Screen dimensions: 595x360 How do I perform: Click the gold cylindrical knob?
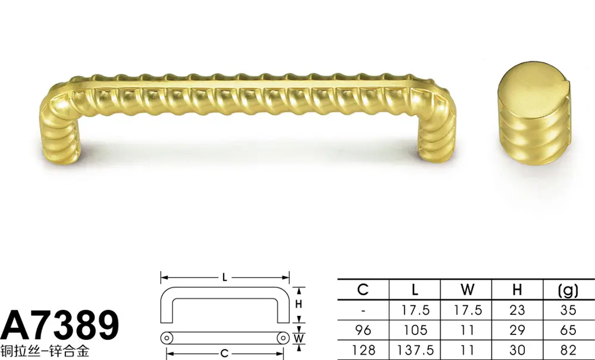[534, 113]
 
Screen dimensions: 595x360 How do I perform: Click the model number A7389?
[59, 325]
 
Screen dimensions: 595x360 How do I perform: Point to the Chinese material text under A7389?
[45, 351]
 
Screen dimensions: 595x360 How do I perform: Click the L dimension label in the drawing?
[225, 278]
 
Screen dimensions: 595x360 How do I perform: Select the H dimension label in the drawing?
[299, 304]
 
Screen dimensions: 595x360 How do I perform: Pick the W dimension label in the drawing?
[299, 338]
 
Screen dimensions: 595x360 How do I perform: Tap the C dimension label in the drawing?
[225, 354]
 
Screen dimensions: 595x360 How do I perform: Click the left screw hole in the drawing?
[167, 337]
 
